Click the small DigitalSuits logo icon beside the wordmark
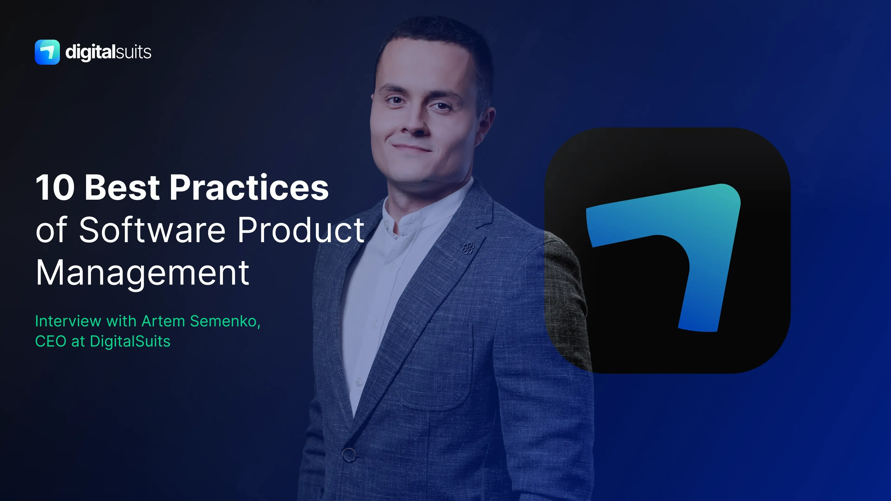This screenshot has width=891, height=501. [47, 52]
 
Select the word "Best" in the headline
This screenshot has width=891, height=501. [122, 188]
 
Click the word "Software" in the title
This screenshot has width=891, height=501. [152, 230]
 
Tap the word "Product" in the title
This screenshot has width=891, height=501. [301, 230]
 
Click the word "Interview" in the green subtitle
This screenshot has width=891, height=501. [68, 321]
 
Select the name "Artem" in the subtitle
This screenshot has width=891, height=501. [164, 321]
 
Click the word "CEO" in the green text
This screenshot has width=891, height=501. [51, 341]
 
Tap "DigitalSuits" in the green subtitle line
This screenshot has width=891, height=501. [130, 341]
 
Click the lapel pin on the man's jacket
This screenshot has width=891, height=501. [468, 248]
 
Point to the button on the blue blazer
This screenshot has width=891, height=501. [349, 454]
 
